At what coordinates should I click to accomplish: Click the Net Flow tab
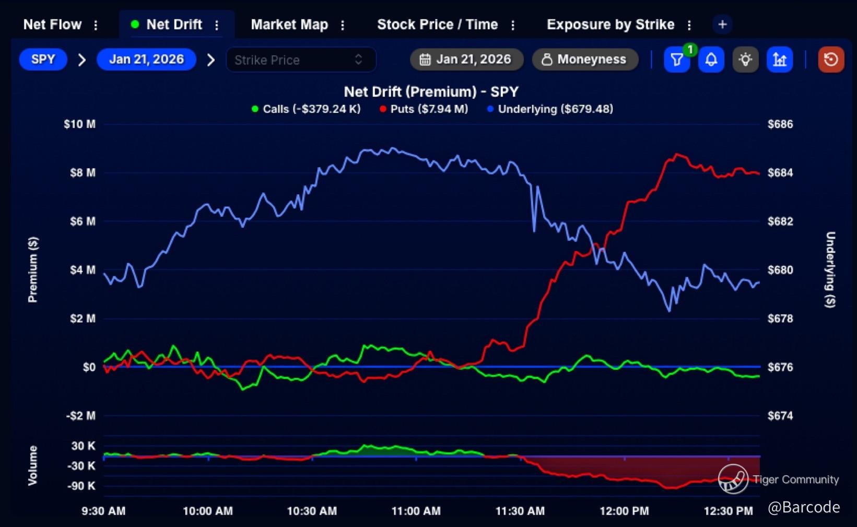52,25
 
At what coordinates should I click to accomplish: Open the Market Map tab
289,25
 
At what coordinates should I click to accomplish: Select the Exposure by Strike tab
610,25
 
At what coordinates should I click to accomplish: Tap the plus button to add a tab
722,25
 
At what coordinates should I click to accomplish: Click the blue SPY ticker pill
43,60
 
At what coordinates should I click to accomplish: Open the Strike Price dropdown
300,60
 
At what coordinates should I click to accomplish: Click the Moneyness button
585,60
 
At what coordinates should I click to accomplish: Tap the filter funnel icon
676,60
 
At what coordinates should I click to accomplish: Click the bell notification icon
711,60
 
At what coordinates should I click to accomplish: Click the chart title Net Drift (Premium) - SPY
431,92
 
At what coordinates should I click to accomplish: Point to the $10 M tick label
79,124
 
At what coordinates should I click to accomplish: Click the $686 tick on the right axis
780,124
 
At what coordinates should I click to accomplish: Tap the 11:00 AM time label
416,511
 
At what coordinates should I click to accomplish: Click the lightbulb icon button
745,60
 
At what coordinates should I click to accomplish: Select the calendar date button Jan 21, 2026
466,60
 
